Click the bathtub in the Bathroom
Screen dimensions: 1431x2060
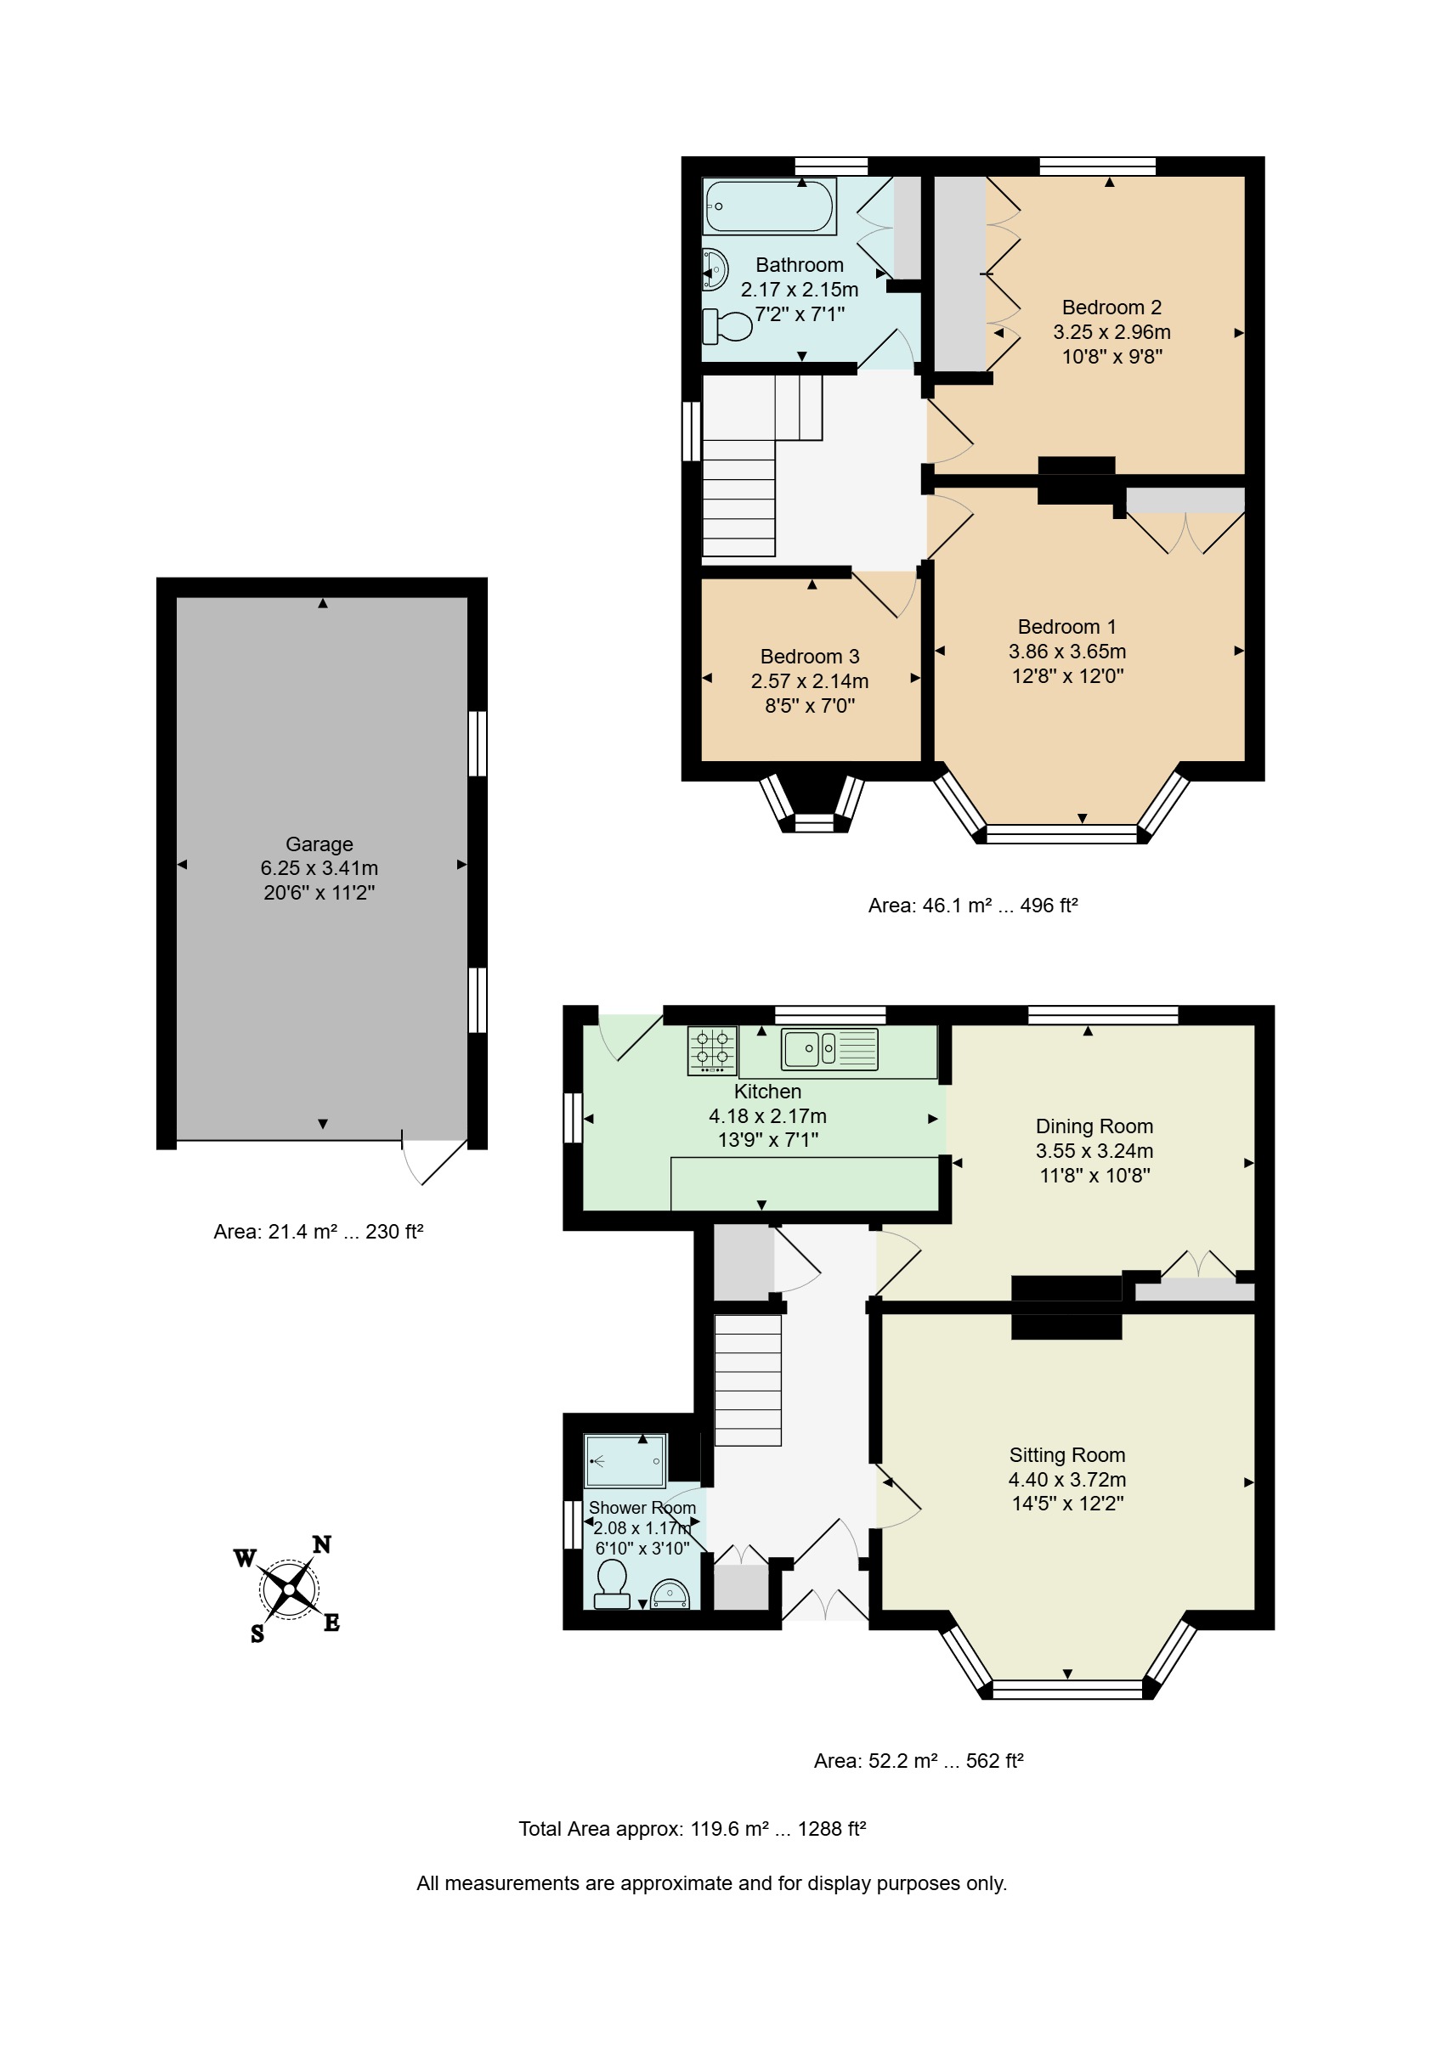click(x=769, y=206)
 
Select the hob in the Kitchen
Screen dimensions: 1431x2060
click(x=712, y=1050)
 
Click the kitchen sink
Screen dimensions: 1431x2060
click(x=829, y=1049)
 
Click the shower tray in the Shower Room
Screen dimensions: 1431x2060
click(x=625, y=1461)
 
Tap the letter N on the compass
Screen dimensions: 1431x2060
click(x=322, y=1544)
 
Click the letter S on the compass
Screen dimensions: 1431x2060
click(x=257, y=1634)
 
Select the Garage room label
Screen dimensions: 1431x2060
click(x=320, y=844)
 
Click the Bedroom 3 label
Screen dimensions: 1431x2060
click(x=810, y=656)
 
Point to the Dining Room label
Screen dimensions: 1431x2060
click(x=1094, y=1126)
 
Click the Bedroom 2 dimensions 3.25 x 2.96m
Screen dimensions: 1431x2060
click(x=1111, y=331)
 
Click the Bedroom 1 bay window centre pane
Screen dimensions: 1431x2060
click(x=1061, y=833)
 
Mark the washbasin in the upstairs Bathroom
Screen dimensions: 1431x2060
click(x=715, y=269)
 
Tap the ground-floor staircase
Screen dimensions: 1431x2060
click(x=748, y=1380)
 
